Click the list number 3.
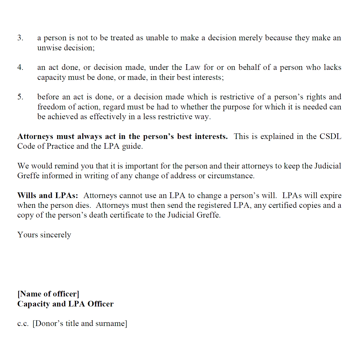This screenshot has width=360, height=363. tap(20, 38)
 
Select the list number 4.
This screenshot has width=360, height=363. tap(20, 67)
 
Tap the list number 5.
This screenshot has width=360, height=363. tap(20, 97)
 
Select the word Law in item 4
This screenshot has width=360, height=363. tap(193, 67)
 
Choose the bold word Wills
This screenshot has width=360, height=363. tap(27, 196)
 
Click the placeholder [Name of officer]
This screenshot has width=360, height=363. tap(48, 294)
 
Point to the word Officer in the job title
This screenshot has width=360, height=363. tap(100, 304)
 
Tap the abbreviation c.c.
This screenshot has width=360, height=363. tap(23, 323)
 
